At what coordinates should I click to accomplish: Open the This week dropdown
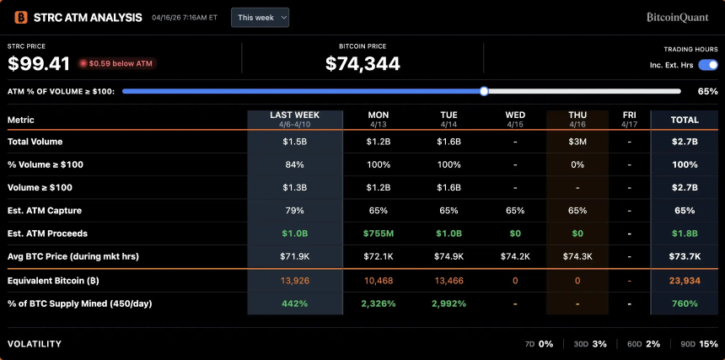[260, 17]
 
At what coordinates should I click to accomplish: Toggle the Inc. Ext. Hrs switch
[707, 65]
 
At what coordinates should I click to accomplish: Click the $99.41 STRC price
[39, 63]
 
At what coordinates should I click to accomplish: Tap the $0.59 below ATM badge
[117, 63]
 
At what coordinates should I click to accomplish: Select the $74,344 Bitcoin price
[362, 63]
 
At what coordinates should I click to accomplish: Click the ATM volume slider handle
[484, 91]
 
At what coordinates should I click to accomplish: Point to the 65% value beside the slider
[707, 91]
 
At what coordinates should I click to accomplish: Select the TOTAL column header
[684, 120]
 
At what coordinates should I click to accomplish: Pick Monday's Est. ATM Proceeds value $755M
[378, 233]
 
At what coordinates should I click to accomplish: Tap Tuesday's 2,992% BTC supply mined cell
[448, 303]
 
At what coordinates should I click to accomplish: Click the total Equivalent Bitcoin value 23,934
[684, 280]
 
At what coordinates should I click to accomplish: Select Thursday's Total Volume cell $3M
[577, 142]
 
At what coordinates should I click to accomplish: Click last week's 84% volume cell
[294, 164]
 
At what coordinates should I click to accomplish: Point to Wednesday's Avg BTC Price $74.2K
[514, 255]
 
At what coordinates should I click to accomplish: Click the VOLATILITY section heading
[35, 344]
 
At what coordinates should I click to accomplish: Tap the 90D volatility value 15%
[708, 344]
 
